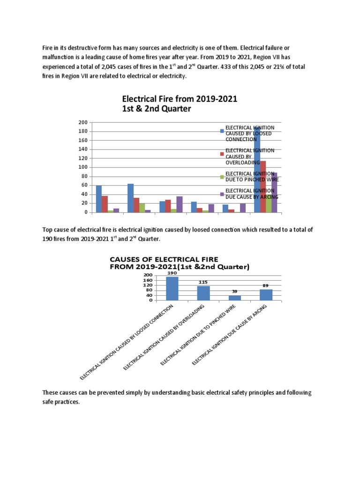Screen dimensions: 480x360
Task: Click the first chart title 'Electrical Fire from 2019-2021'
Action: pyautogui.click(x=180, y=99)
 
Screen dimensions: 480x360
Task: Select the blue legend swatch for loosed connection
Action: pyautogui.click(x=222, y=131)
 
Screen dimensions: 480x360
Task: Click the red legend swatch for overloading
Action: pyautogui.click(x=222, y=153)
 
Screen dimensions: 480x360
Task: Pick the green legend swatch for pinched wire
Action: pyautogui.click(x=222, y=176)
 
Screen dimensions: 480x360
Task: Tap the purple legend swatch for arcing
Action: pyautogui.click(x=222, y=194)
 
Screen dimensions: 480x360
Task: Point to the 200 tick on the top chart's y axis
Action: pyautogui.click(x=83, y=122)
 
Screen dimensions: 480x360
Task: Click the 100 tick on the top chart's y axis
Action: pyautogui.click(x=83, y=167)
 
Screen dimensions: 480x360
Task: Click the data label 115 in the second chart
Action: pyautogui.click(x=203, y=282)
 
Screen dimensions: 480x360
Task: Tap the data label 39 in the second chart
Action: pyautogui.click(x=234, y=291)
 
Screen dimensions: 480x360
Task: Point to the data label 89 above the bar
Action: pyautogui.click(x=266, y=285)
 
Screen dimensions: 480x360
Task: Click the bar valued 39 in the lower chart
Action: pyautogui.click(x=235, y=298)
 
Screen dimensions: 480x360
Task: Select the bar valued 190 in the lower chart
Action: pyautogui.click(x=172, y=288)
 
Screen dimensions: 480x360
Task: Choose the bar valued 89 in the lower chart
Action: pyautogui.click(x=266, y=294)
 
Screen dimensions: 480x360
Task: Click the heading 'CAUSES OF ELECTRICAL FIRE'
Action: pyautogui.click(x=164, y=259)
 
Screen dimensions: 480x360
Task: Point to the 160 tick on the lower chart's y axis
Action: pyautogui.click(x=148, y=280)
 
